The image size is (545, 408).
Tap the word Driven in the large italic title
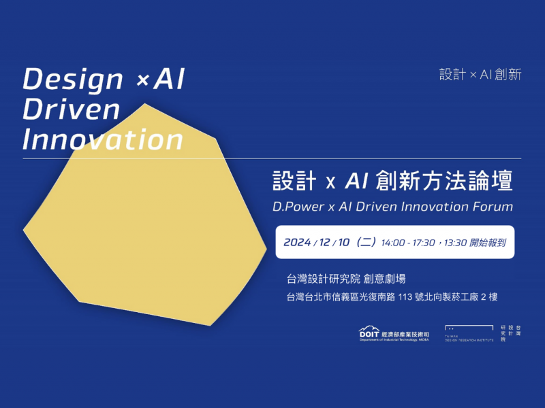[x=71, y=109]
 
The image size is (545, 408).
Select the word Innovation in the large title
[x=103, y=139]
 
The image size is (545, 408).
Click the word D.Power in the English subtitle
[x=295, y=206]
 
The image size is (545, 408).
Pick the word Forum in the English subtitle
[x=493, y=206]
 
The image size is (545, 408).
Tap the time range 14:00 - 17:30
[x=408, y=242]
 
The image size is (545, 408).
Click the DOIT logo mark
[x=371, y=333]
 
